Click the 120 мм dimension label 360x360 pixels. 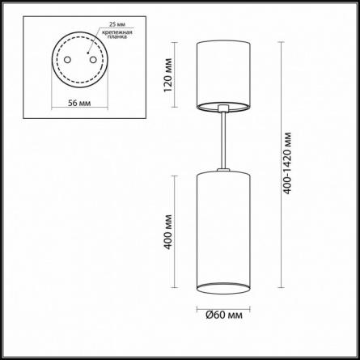[x=167, y=74]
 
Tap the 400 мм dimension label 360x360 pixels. [x=167, y=232]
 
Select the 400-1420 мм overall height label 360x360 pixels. [x=287, y=163]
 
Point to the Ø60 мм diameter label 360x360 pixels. [x=224, y=315]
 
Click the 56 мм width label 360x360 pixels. [x=79, y=103]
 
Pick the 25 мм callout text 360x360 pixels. [x=117, y=24]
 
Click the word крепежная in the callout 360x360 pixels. [x=116, y=32]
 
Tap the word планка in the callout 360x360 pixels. [x=117, y=37]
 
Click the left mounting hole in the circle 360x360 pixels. [x=67, y=60]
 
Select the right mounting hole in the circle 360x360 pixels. [x=93, y=60]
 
